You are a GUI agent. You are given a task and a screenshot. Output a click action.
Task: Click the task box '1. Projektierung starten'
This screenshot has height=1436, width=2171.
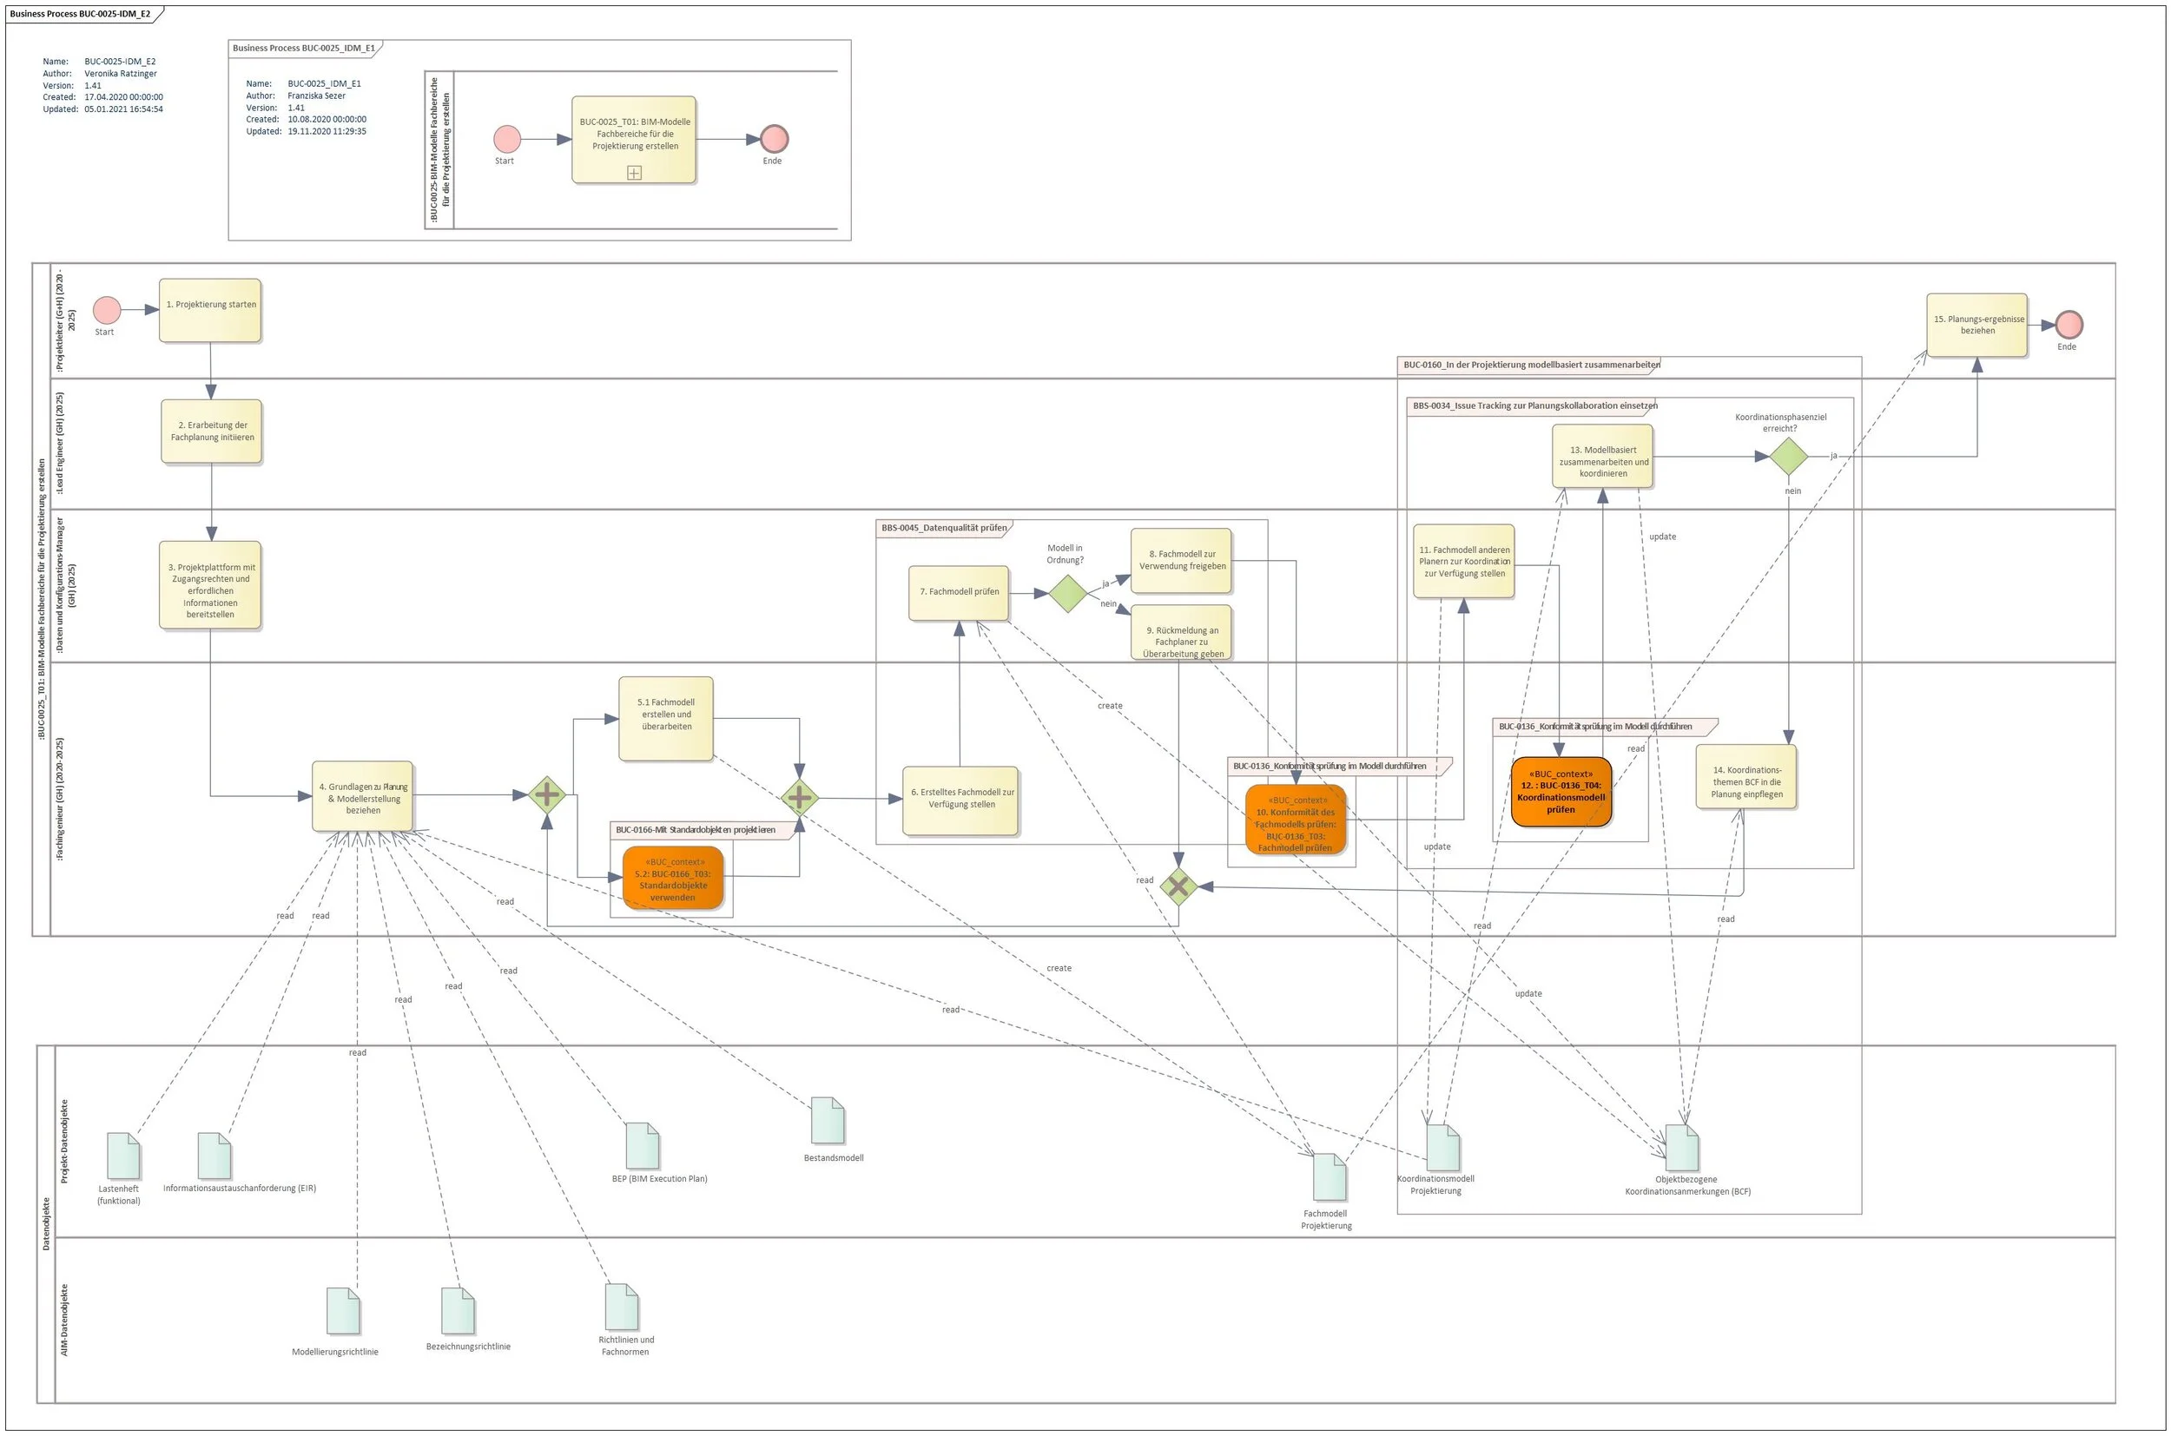point(210,311)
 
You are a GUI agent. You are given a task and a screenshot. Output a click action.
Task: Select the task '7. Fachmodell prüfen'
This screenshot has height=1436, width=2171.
point(958,592)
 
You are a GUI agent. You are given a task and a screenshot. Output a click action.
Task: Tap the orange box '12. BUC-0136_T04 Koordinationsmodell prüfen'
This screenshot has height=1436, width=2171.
point(1560,791)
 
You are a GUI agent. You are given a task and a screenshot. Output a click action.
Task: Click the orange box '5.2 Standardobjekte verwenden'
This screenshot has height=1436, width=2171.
point(672,878)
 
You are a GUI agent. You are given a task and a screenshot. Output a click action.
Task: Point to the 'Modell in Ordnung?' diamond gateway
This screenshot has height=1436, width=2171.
point(1066,594)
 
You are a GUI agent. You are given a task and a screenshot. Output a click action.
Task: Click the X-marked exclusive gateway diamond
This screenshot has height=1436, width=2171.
point(1178,886)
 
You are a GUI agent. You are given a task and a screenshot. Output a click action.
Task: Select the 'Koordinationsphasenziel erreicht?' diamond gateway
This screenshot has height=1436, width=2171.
point(1787,456)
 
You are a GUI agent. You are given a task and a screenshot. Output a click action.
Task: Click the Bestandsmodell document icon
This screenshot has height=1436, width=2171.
point(828,1120)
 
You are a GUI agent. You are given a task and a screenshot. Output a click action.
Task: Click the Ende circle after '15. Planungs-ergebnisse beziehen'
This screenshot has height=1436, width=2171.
point(2068,324)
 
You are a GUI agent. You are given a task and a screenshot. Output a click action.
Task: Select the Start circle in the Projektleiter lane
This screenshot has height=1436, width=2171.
point(106,310)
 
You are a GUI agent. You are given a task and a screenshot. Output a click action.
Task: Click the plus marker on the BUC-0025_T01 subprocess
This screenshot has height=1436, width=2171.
point(634,172)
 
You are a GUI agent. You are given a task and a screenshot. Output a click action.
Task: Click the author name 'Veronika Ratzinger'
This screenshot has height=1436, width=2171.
point(120,73)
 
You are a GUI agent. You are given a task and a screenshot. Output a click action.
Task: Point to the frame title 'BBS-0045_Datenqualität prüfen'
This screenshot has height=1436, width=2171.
point(942,528)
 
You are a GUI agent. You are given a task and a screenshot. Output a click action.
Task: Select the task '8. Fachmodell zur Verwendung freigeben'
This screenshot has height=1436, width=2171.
point(1181,560)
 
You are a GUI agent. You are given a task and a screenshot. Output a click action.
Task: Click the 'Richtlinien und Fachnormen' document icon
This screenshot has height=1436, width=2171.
point(621,1306)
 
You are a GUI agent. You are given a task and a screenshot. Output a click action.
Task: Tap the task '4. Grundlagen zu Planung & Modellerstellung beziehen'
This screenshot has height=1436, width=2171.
point(362,796)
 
